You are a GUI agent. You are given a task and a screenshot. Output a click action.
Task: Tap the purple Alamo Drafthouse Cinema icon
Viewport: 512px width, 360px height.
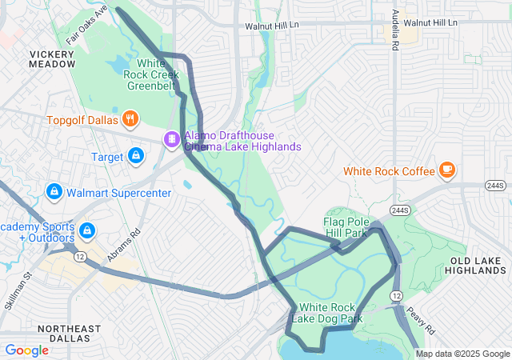(x=171, y=139)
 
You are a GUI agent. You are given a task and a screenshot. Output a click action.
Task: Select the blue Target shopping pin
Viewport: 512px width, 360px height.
(x=136, y=155)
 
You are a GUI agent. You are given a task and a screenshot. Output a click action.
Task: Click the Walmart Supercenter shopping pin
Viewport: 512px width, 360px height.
(x=54, y=192)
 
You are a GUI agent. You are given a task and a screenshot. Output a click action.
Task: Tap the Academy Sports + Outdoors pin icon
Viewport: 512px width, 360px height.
(x=87, y=231)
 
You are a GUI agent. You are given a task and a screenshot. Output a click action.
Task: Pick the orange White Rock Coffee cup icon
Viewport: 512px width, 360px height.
(x=446, y=170)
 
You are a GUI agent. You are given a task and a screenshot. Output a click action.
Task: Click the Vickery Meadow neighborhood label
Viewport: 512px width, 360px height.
(x=52, y=58)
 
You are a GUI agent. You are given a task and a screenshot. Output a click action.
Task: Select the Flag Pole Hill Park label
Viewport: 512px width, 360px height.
(x=355, y=227)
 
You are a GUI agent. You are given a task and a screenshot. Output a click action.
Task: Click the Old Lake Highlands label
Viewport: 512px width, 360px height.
(x=478, y=266)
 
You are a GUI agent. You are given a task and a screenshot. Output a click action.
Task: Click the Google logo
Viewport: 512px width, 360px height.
(x=26, y=350)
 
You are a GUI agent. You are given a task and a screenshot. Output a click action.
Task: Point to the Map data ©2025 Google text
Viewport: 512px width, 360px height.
(x=462, y=354)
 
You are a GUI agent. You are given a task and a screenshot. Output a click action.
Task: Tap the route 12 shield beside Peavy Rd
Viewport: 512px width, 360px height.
(x=397, y=296)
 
